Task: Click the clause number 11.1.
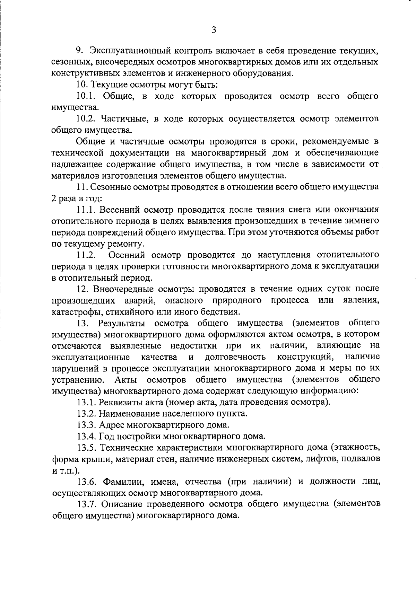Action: pyautogui.click(x=86, y=210)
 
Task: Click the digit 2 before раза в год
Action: pyautogui.click(x=54, y=199)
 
